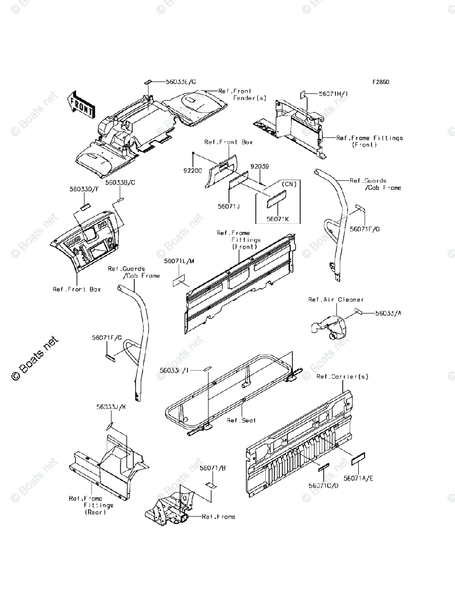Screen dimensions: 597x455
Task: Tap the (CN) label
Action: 289,184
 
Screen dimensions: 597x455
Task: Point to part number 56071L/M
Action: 178,261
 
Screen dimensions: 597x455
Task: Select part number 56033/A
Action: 388,313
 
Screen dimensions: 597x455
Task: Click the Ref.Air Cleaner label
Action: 336,299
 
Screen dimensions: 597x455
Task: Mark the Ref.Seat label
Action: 241,420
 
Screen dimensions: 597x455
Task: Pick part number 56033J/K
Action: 111,407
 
